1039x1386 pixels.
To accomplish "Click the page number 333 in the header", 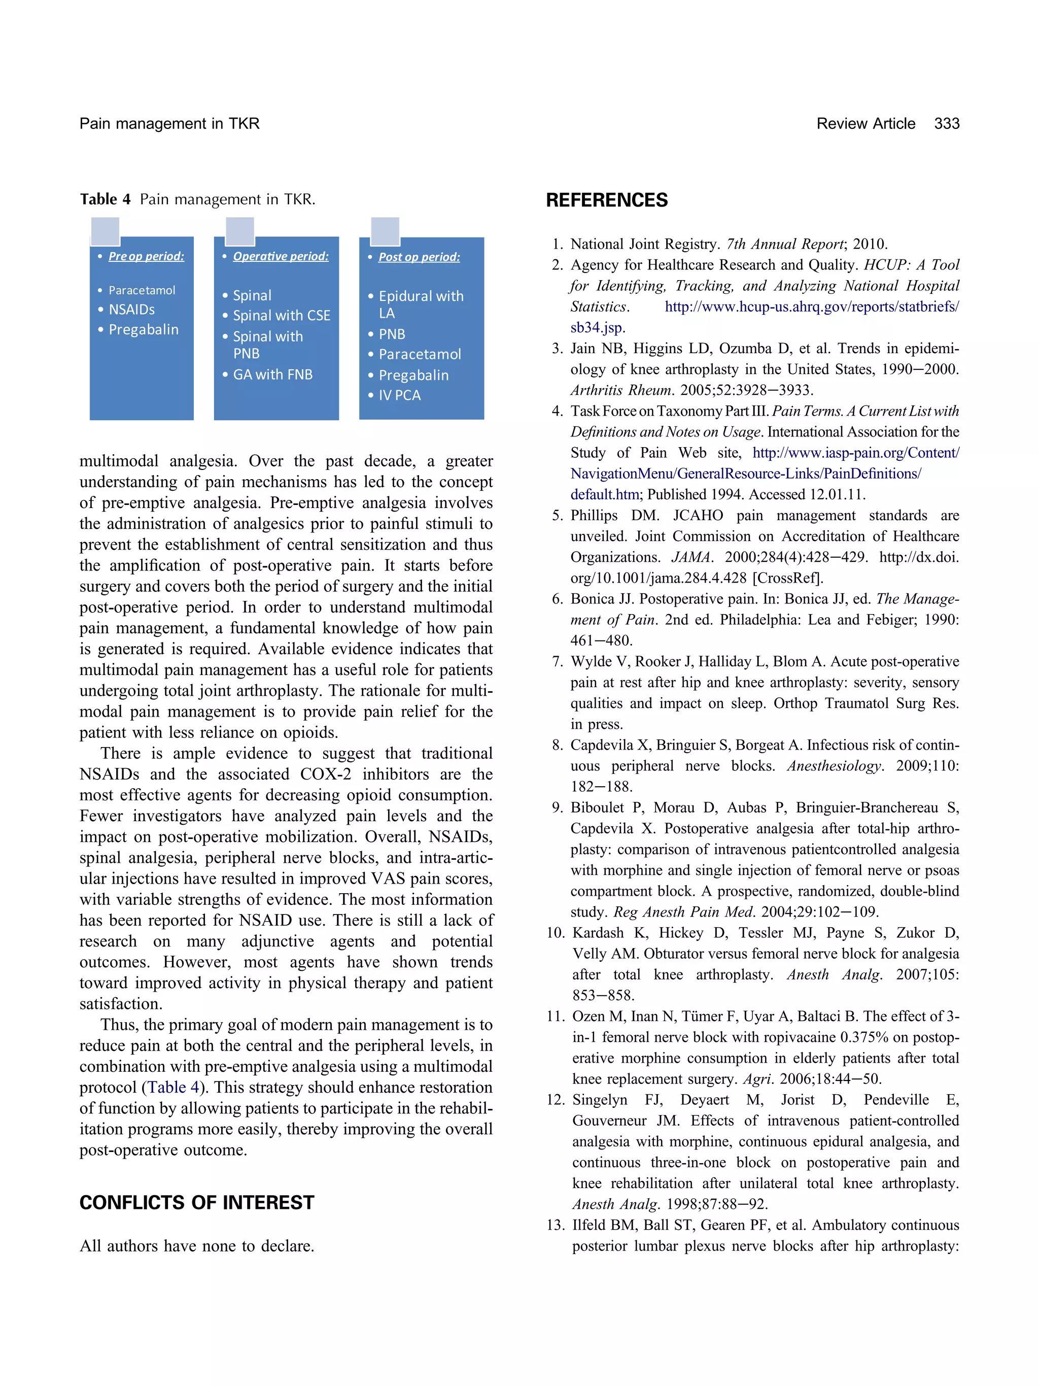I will (946, 123).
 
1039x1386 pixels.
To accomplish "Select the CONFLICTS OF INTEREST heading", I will (197, 1202).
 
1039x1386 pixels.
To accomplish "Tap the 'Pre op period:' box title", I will (146, 256).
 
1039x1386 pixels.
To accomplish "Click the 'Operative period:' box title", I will (281, 256).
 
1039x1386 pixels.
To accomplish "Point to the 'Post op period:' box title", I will (419, 257).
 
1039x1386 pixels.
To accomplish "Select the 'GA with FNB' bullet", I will (272, 375).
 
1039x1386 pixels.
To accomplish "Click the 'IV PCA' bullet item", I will (400, 395).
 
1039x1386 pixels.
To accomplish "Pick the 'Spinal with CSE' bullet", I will (281, 316).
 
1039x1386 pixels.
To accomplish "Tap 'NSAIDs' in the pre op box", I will (131, 310).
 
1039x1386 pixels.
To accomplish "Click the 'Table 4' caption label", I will (105, 199).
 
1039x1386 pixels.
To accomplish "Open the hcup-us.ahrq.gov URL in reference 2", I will (811, 307).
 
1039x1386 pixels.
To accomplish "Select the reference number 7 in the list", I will (558, 662).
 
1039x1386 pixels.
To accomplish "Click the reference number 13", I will (556, 1225).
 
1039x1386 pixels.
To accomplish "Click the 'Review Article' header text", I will (865, 123).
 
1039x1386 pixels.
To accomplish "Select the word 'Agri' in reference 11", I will (756, 1079).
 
